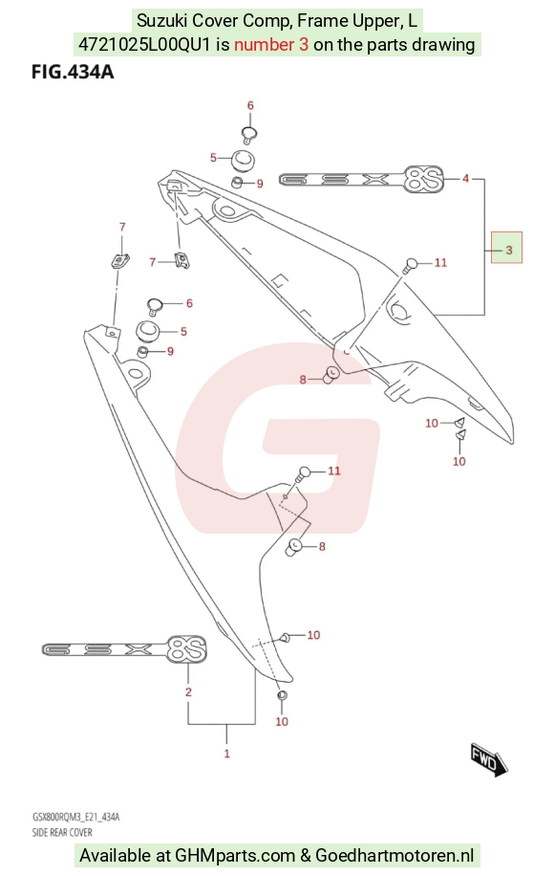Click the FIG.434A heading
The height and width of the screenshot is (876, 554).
[73, 72]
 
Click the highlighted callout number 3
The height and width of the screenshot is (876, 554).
[508, 250]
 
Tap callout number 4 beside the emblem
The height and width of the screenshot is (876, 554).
[465, 179]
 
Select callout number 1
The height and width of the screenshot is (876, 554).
[227, 754]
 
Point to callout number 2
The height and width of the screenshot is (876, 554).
[188, 692]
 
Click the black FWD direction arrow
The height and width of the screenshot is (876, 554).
[489, 759]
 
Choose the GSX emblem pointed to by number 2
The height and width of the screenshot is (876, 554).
[124, 648]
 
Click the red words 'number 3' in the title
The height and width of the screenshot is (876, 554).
[271, 45]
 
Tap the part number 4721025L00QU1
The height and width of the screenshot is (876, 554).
[144, 45]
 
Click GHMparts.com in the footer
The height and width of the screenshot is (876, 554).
[235, 855]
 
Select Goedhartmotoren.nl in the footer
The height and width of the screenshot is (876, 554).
[394, 855]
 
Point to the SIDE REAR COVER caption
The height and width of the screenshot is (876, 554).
[62, 832]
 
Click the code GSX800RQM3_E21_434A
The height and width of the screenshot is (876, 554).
[75, 818]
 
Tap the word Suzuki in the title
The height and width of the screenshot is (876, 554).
[162, 21]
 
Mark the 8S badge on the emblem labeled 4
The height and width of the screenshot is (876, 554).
[424, 179]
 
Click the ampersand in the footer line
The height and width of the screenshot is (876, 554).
[305, 855]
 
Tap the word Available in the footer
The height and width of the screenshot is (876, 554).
[115, 855]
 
